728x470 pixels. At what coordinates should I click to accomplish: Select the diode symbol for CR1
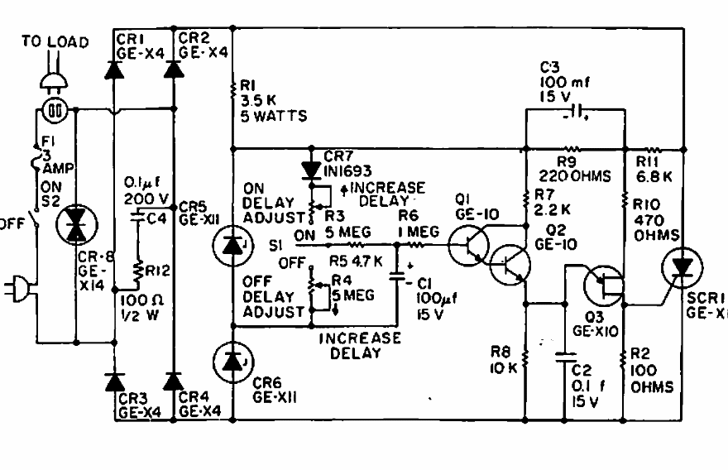pos(114,70)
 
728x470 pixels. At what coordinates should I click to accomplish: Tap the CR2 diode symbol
pos(173,70)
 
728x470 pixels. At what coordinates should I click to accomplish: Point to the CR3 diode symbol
pos(114,381)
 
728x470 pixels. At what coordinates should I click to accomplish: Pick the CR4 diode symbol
pos(173,381)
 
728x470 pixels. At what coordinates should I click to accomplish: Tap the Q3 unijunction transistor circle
pos(606,284)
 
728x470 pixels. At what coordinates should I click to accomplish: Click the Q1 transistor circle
pos(468,245)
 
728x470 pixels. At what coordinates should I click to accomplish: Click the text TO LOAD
pos(55,41)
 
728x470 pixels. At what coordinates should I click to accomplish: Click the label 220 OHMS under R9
pos(563,176)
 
